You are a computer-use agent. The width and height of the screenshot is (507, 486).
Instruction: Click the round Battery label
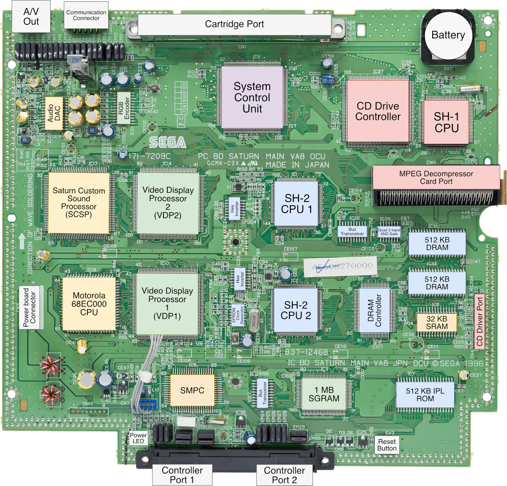pyautogui.click(x=448, y=35)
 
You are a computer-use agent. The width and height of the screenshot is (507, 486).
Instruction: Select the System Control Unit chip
pyautogui.click(x=252, y=98)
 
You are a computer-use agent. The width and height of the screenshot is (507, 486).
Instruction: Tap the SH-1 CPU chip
pyautogui.click(x=446, y=122)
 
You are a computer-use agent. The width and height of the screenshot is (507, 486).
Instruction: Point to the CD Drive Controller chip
pyautogui.click(x=378, y=112)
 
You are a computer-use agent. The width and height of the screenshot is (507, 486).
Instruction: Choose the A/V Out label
pyautogui.click(x=31, y=16)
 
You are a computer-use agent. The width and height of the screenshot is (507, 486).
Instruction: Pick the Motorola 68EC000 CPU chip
pyautogui.click(x=89, y=304)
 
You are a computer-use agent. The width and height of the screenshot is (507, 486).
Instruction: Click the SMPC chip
pyautogui.click(x=192, y=390)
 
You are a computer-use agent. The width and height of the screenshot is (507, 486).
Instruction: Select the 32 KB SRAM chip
pyautogui.click(x=436, y=322)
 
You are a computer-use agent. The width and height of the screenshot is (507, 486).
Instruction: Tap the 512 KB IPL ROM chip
pyautogui.click(x=425, y=395)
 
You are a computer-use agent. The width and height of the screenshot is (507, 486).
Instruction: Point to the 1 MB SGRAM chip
pyautogui.click(x=324, y=394)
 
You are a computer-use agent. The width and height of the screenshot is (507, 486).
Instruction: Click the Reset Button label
pyautogui.click(x=387, y=445)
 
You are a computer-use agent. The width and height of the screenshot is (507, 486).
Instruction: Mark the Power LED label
pyautogui.click(x=138, y=438)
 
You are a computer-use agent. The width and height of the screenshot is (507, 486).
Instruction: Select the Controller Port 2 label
pyautogui.click(x=284, y=475)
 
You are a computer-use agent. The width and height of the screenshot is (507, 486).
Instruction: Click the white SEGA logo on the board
pyautogui.click(x=167, y=142)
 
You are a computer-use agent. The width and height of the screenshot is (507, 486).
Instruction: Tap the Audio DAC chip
pyautogui.click(x=54, y=113)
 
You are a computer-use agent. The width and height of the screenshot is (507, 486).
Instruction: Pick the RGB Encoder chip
pyautogui.click(x=123, y=108)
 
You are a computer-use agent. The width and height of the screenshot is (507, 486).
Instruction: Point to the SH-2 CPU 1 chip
pyautogui.click(x=297, y=204)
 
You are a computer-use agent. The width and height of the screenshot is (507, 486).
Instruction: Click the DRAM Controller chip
pyautogui.click(x=374, y=311)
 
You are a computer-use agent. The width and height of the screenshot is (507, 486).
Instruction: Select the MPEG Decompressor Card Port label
pyautogui.click(x=436, y=177)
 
